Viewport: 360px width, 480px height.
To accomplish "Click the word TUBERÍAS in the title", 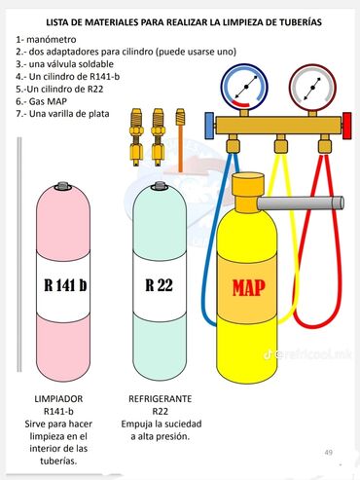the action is click(x=298, y=22).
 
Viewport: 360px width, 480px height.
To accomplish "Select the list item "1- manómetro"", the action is click(x=46, y=40).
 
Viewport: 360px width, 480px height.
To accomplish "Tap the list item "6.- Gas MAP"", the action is click(x=42, y=101).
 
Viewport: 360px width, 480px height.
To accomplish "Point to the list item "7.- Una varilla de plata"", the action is click(x=62, y=114).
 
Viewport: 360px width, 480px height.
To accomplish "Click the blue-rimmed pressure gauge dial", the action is click(x=244, y=87).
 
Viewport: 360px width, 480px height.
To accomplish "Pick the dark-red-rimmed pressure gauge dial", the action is click(x=312, y=88).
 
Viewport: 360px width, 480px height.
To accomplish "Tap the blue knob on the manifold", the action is click(x=209, y=126).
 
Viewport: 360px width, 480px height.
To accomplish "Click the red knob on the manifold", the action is click(x=347, y=126).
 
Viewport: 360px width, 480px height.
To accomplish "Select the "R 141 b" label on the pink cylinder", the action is click(x=65, y=285).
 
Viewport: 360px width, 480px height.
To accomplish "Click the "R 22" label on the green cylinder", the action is click(x=159, y=285).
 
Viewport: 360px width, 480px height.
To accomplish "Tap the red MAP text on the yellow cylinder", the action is click(x=249, y=288).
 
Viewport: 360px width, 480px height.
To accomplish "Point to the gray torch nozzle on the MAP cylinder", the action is click(x=301, y=203).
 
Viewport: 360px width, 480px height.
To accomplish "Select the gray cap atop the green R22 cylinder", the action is click(x=160, y=186).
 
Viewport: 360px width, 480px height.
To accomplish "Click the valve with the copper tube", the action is click(x=180, y=140).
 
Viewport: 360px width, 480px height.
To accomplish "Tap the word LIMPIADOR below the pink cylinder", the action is click(x=58, y=398).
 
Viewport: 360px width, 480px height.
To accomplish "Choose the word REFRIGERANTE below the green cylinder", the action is click(x=161, y=398).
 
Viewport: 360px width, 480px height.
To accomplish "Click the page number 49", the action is click(x=329, y=452).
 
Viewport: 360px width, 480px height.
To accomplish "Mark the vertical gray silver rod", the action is click(x=19, y=254).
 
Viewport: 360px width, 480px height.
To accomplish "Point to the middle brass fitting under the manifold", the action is click(x=281, y=144).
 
